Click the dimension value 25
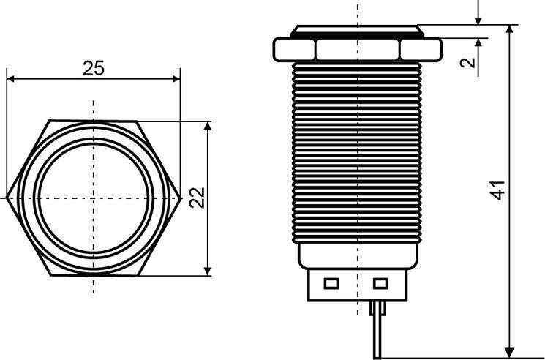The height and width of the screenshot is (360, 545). click(x=94, y=68)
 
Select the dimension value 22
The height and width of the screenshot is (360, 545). click(x=197, y=198)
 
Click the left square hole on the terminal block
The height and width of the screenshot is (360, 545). click(x=331, y=283)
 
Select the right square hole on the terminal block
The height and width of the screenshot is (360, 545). click(x=380, y=283)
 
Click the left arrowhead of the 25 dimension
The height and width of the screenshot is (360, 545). click(x=10, y=79)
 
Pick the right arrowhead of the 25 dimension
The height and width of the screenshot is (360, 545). click(x=176, y=79)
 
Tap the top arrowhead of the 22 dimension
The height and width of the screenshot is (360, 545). click(x=208, y=125)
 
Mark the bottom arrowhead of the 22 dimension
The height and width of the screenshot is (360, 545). click(x=208, y=271)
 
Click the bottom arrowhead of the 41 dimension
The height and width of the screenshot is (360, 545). click(x=510, y=353)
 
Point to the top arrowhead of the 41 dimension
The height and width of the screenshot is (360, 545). click(x=510, y=29)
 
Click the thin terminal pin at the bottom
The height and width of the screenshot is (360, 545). click(x=377, y=329)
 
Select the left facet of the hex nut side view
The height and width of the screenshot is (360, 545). click(x=295, y=49)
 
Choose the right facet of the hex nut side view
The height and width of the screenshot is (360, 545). click(x=421, y=49)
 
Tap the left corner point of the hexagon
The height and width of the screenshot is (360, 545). click(x=7, y=198)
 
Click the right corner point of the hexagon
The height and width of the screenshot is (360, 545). click(x=181, y=198)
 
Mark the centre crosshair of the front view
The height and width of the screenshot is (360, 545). click(x=94, y=198)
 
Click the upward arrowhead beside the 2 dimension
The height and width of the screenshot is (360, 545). click(x=478, y=42)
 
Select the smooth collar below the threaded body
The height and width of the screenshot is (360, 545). click(x=358, y=255)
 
